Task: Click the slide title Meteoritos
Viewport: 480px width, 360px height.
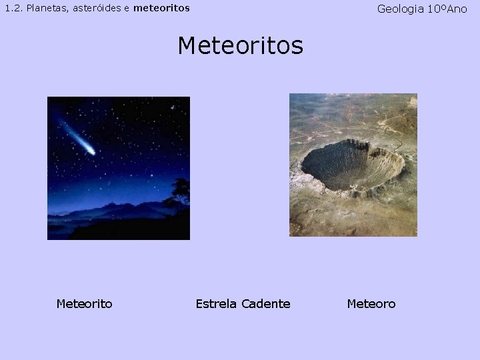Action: click(x=240, y=46)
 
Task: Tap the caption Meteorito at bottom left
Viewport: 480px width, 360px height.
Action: click(x=84, y=304)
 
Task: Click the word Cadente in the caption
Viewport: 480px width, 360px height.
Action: click(x=265, y=304)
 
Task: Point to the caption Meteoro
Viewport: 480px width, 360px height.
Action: click(x=371, y=304)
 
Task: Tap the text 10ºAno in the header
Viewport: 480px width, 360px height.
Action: click(x=448, y=9)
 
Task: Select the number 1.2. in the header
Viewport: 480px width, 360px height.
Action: click(x=13, y=9)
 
